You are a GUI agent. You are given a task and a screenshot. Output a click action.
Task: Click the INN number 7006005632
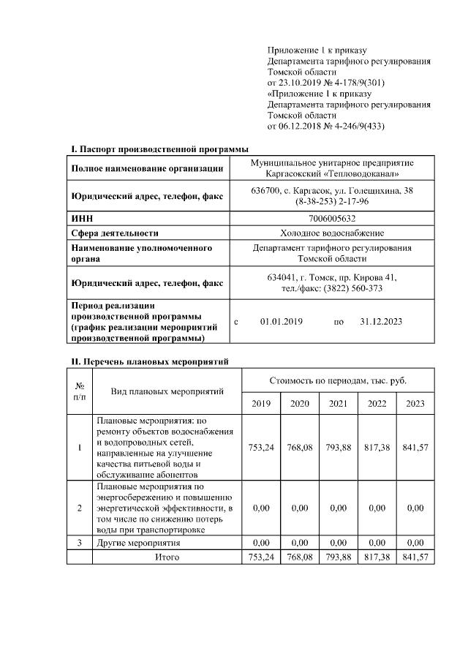pos(332,219)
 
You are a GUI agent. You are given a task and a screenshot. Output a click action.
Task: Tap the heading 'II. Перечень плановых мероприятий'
pos(150,361)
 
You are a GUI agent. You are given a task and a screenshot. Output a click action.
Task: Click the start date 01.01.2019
pos(281,322)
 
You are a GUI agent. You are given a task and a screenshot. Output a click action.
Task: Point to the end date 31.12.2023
pos(381,322)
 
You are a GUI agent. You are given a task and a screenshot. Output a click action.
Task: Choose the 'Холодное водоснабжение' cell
pos(332,233)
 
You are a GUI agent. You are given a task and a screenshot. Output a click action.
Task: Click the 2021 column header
pos(338,403)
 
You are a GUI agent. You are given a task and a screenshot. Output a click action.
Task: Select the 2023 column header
pos(415,403)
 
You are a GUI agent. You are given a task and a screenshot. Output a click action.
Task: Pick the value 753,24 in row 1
pos(260,448)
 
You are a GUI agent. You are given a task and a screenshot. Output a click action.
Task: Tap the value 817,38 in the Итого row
pos(376,557)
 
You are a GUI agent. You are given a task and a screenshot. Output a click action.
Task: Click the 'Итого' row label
pos(166,557)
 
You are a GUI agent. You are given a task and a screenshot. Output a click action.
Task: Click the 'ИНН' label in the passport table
pos(81,219)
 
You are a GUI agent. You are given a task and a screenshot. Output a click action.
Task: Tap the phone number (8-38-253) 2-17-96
pos(332,201)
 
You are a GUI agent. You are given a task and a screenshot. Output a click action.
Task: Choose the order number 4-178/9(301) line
pos(325,83)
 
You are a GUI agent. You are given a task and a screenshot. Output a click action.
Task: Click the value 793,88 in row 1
pos(338,448)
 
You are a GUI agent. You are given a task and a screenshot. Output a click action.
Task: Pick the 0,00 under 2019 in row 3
pos(260,543)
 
